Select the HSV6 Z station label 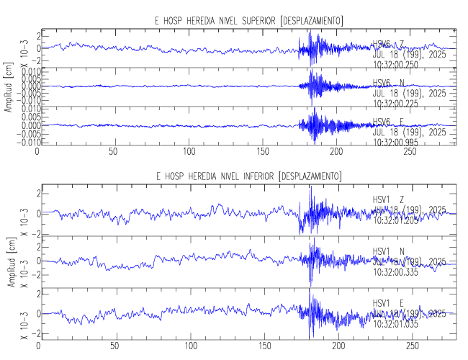click(388, 45)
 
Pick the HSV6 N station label click(388, 83)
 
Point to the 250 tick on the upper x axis click(410, 152)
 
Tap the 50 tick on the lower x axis click(114, 346)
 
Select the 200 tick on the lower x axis click(336, 346)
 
